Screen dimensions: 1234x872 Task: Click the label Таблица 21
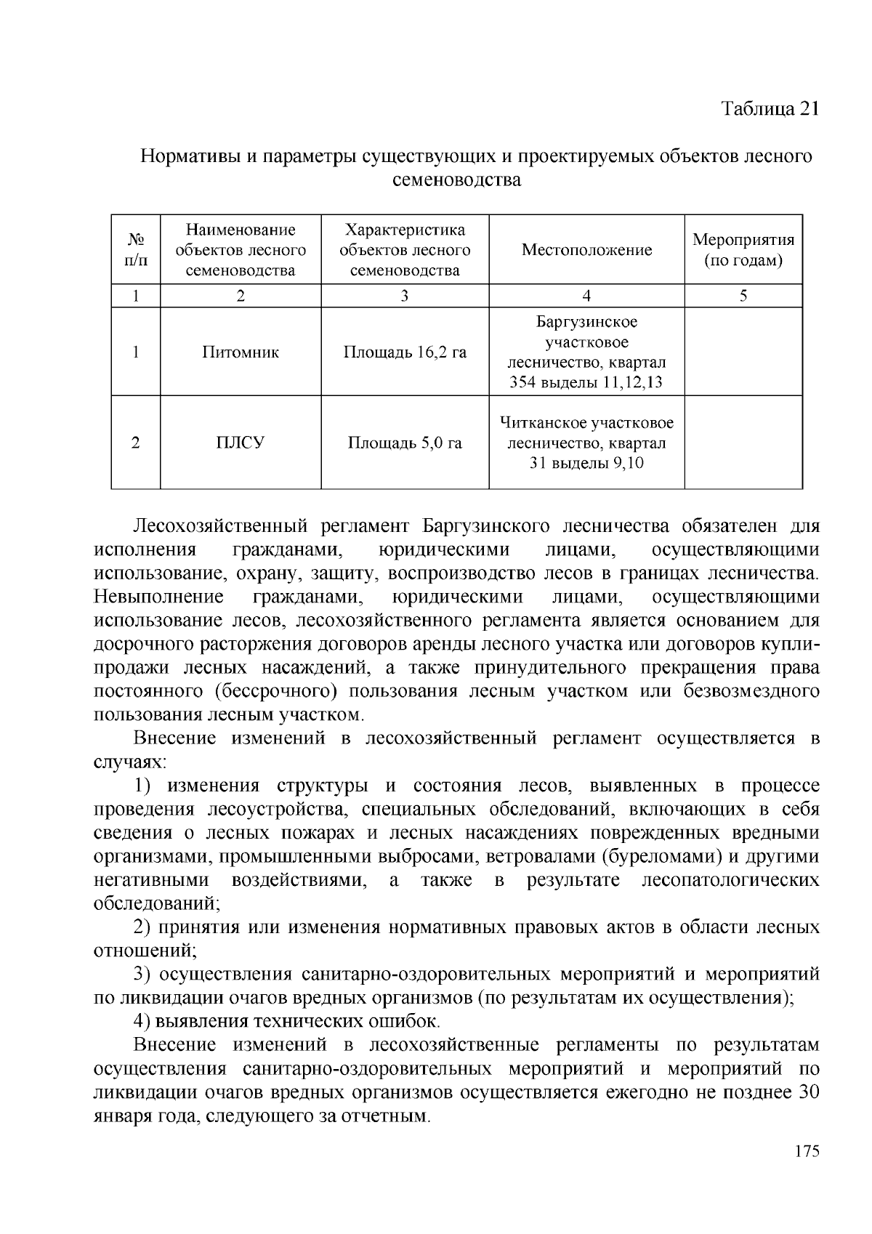point(770,108)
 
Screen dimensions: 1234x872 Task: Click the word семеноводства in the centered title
point(456,180)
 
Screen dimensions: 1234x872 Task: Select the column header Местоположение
point(586,250)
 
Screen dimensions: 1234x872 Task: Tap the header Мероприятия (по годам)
point(743,249)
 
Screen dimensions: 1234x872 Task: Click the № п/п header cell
point(135,249)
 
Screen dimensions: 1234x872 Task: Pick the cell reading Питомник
point(240,352)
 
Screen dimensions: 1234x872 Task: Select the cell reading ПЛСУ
point(240,443)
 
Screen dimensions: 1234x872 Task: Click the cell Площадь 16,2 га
point(404,352)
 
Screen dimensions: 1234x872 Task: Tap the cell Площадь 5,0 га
point(404,443)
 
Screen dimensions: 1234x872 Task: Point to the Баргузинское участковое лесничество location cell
point(586,352)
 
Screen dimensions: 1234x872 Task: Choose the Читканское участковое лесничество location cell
point(586,443)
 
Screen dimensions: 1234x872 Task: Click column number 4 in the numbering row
point(586,295)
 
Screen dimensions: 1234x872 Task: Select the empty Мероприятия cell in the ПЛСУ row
point(743,443)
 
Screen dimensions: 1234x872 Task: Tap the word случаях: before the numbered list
point(131,762)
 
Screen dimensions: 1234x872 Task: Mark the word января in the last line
point(121,1116)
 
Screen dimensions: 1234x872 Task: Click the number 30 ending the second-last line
point(808,1092)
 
